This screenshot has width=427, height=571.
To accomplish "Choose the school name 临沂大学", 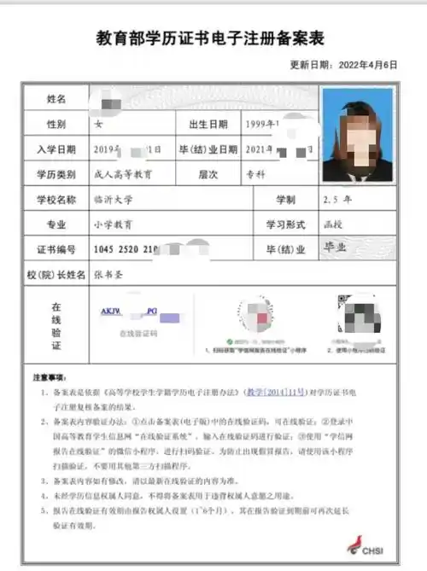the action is click(x=113, y=199).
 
